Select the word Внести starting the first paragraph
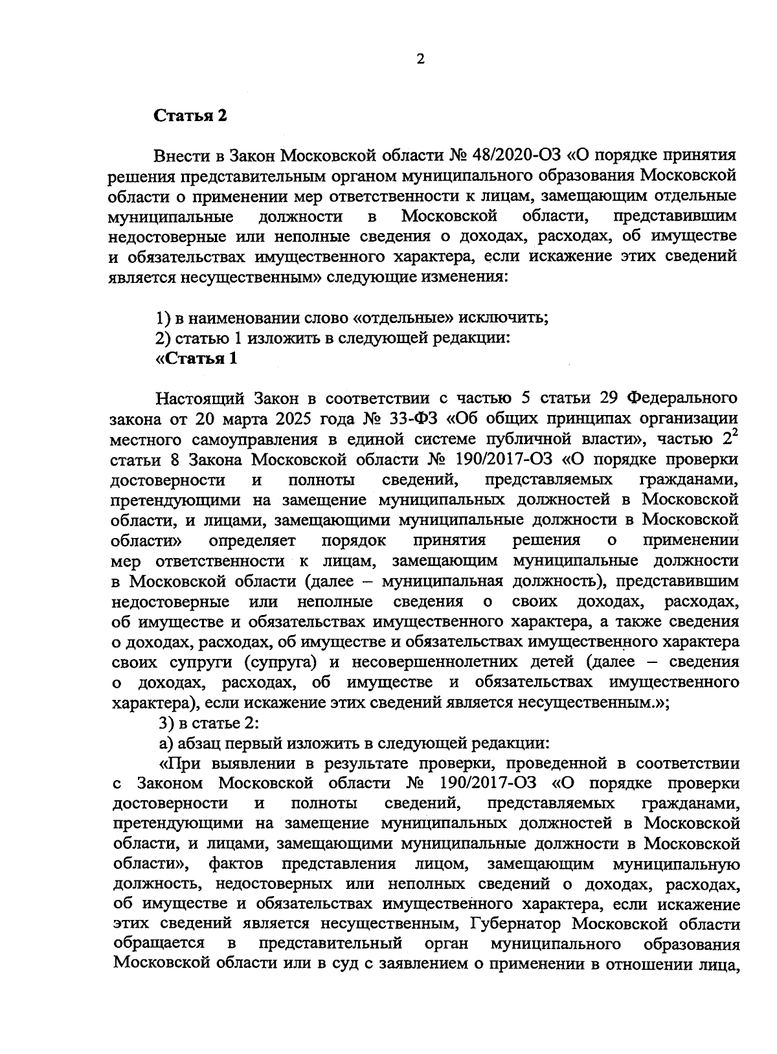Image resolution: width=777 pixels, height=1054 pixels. pos(182,156)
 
